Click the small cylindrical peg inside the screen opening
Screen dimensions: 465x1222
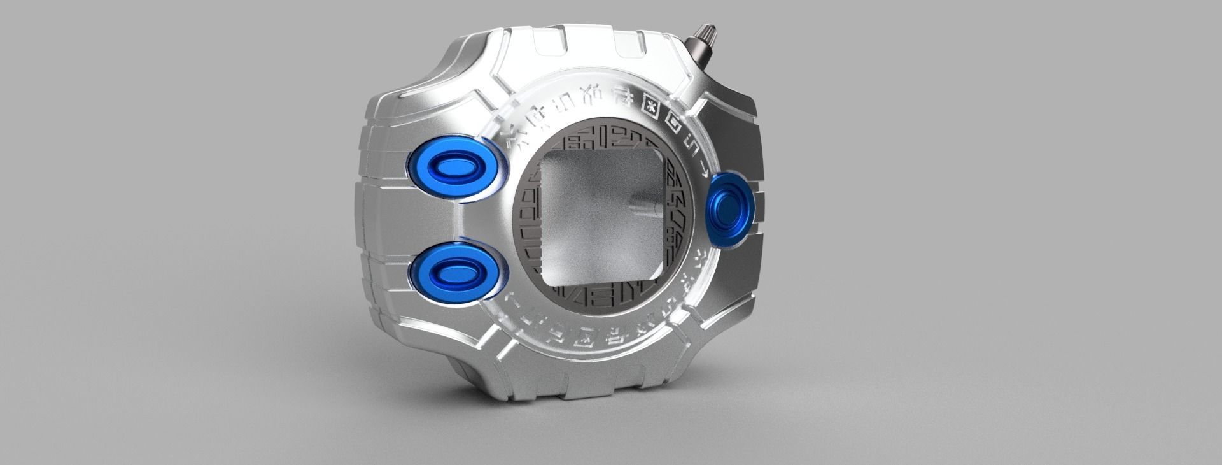[x=640, y=204]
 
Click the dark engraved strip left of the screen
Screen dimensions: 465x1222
[x=525, y=217]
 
